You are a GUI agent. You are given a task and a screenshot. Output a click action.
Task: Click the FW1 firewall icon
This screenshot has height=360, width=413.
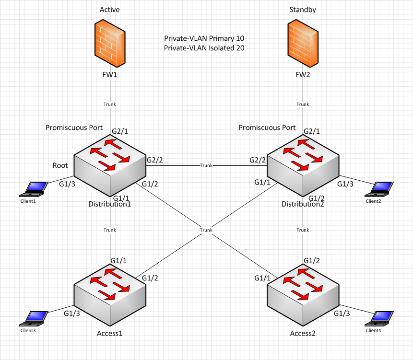coord(110,42)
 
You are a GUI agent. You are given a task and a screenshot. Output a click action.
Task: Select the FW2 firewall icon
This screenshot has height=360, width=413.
coord(302,42)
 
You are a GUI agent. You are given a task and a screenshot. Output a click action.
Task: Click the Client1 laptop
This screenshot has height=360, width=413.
coord(33,189)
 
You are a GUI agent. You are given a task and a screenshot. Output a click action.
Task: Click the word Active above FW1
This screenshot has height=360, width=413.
coord(109,10)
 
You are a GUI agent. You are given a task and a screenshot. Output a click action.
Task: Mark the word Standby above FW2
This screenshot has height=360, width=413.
coord(302,10)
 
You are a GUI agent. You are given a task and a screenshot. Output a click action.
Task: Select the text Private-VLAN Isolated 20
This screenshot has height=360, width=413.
coord(204,48)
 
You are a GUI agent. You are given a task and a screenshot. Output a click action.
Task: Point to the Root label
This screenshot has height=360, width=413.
coord(60,165)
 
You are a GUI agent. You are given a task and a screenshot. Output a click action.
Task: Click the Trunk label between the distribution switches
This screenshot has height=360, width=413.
coord(206,165)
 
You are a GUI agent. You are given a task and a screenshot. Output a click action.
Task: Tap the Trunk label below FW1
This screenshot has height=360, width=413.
coord(110,105)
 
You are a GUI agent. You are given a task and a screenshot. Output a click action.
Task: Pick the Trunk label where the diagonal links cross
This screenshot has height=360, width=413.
coord(206,230)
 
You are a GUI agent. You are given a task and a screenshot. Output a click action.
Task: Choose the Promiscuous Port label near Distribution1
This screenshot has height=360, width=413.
coord(74,128)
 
